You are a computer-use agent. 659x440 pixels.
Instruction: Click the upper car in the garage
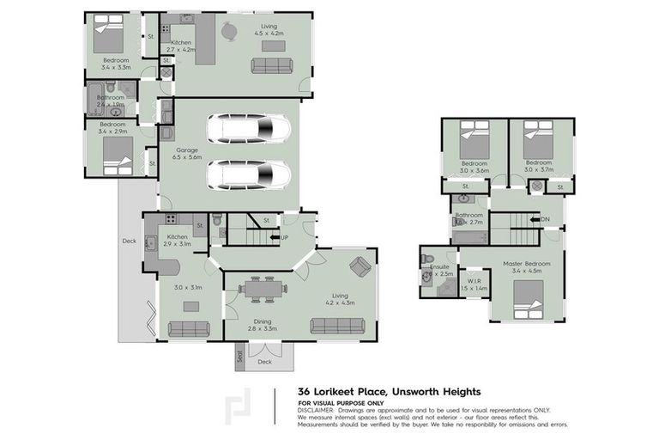coord(249,129)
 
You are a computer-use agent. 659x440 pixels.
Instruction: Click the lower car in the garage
coord(249,175)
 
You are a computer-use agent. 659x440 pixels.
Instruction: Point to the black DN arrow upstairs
coord(535,219)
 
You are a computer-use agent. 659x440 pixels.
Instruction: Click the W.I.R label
coord(473,280)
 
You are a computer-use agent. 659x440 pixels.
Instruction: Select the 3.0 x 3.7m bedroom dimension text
coord(538,170)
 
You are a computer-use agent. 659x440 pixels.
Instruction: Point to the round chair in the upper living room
coord(229,32)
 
